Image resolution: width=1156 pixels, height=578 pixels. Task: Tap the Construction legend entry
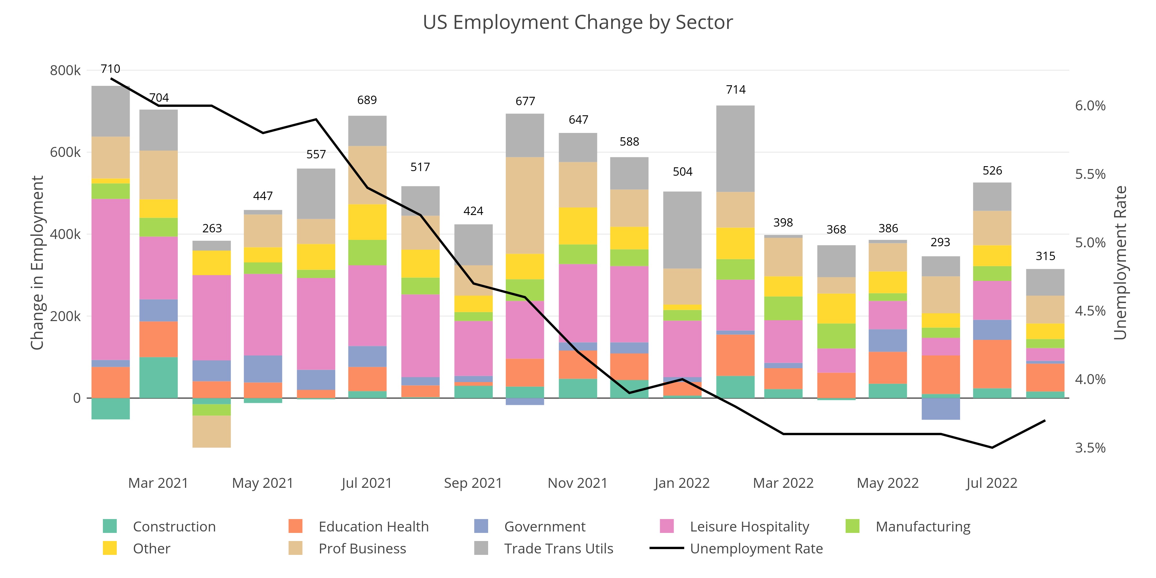point(174,526)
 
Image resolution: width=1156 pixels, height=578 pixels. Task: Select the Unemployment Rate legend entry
point(756,549)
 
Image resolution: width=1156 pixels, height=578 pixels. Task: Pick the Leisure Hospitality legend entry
point(749,526)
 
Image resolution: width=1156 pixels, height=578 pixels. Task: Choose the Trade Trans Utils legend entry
point(558,549)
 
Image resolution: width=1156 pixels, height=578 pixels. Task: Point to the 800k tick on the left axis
point(65,71)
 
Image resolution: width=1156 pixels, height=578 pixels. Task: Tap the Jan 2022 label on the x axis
point(682,483)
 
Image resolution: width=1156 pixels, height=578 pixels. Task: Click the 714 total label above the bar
point(736,90)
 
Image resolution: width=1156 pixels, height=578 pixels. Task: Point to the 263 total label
point(212,228)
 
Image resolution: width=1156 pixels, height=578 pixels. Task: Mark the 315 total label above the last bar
point(1045,256)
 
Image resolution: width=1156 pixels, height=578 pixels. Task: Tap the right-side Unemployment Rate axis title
point(1120,262)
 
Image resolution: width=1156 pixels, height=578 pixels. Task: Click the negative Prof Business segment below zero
point(212,431)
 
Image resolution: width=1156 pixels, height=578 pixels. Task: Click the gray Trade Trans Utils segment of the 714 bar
point(736,149)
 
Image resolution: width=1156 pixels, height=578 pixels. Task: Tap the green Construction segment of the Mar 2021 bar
point(158,377)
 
